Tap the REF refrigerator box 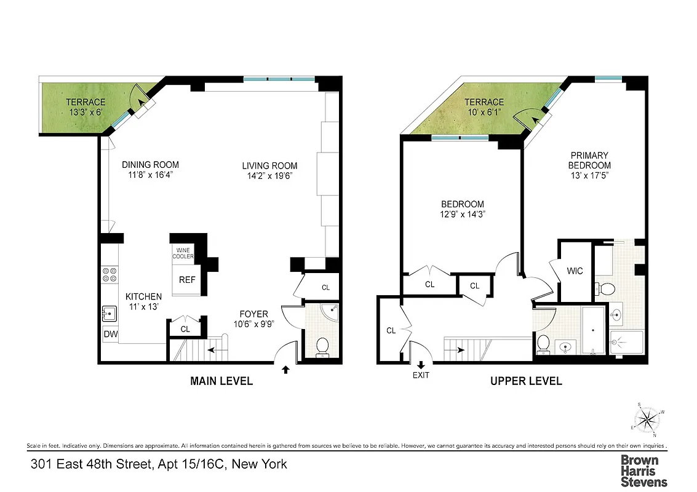click(187, 280)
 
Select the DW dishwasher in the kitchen click(110, 334)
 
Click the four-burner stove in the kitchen click(110, 274)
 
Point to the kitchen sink click(110, 313)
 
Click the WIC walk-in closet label click(575, 271)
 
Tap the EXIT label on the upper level click(421, 375)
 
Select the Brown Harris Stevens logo click(643, 470)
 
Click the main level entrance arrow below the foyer click(285, 370)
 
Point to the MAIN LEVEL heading click(221, 381)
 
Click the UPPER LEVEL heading click(526, 381)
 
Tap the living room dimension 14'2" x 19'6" click(269, 175)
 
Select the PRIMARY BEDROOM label click(589, 161)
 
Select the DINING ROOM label click(150, 164)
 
